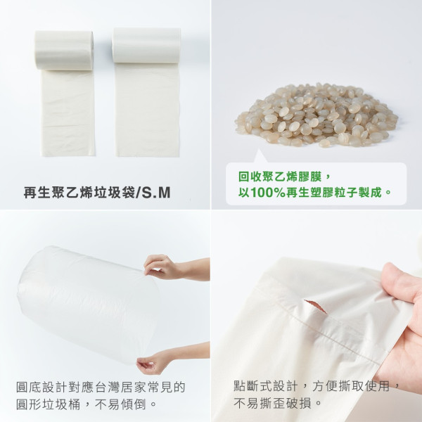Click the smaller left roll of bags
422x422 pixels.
64,50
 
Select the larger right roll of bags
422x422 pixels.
146,46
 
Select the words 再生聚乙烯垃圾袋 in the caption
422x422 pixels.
79,191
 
